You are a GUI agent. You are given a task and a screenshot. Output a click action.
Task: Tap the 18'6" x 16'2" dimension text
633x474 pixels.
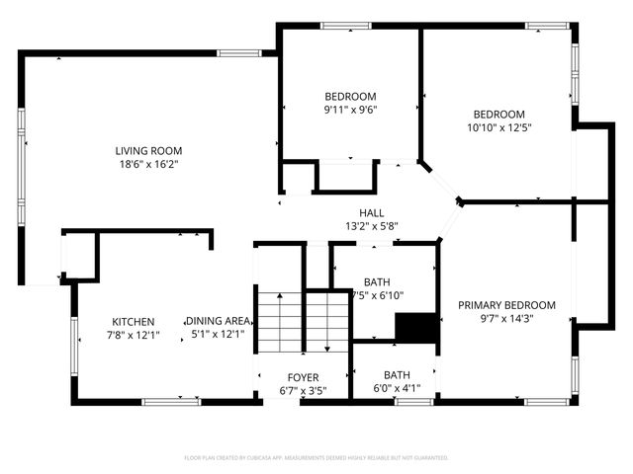click(148, 165)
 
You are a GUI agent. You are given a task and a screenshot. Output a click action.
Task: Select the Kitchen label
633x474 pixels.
click(133, 322)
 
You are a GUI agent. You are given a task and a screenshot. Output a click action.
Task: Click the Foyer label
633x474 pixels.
click(303, 377)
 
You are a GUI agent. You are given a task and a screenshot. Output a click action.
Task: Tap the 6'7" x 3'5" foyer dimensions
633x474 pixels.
click(303, 390)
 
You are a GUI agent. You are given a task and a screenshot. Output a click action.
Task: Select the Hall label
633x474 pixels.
click(371, 213)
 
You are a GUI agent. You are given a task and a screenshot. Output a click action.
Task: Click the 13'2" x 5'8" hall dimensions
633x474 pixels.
click(371, 226)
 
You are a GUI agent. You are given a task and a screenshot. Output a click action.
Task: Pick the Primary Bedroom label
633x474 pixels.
click(506, 305)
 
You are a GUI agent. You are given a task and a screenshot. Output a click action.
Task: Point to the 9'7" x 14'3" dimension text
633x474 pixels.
click(506, 318)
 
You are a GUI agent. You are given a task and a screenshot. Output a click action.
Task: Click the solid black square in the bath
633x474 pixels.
click(416, 328)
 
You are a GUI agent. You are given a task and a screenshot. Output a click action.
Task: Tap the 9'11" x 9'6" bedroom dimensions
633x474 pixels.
click(350, 110)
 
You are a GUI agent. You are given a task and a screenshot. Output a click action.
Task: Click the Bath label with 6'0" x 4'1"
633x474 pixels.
click(397, 375)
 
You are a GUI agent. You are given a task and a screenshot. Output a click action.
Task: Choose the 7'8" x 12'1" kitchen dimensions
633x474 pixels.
click(133, 336)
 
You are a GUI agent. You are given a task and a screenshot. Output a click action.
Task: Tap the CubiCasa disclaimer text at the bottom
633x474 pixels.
click(316, 458)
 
